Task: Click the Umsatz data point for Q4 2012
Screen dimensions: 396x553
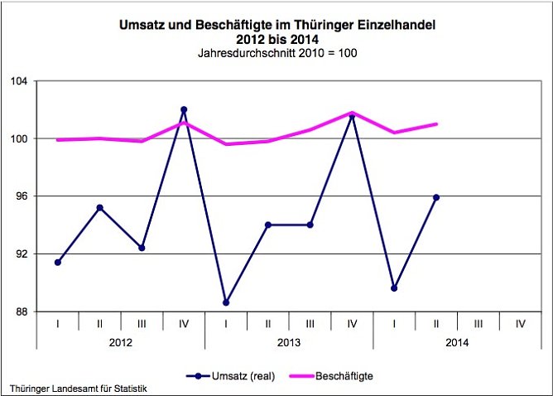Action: (x=184, y=109)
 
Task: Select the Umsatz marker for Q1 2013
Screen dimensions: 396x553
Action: (x=226, y=302)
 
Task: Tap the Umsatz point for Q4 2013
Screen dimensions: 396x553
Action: (x=352, y=116)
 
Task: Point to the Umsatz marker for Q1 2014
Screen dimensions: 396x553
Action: (x=394, y=288)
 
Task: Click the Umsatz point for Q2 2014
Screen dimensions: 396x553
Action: (x=436, y=197)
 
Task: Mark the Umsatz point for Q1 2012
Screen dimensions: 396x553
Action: (x=58, y=263)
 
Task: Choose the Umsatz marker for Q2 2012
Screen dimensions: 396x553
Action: (x=100, y=208)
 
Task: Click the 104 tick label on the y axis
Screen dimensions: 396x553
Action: (x=19, y=81)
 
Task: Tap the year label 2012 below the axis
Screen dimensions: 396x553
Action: (x=121, y=340)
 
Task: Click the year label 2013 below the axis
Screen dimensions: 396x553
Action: (x=289, y=340)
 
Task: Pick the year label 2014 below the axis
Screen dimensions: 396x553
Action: (x=457, y=340)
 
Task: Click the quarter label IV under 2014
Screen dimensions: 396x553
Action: (x=520, y=321)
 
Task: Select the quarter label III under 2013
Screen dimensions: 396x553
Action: (x=310, y=321)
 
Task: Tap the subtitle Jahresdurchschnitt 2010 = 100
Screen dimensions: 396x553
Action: (x=277, y=53)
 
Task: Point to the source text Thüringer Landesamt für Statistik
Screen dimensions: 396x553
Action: (x=82, y=388)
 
